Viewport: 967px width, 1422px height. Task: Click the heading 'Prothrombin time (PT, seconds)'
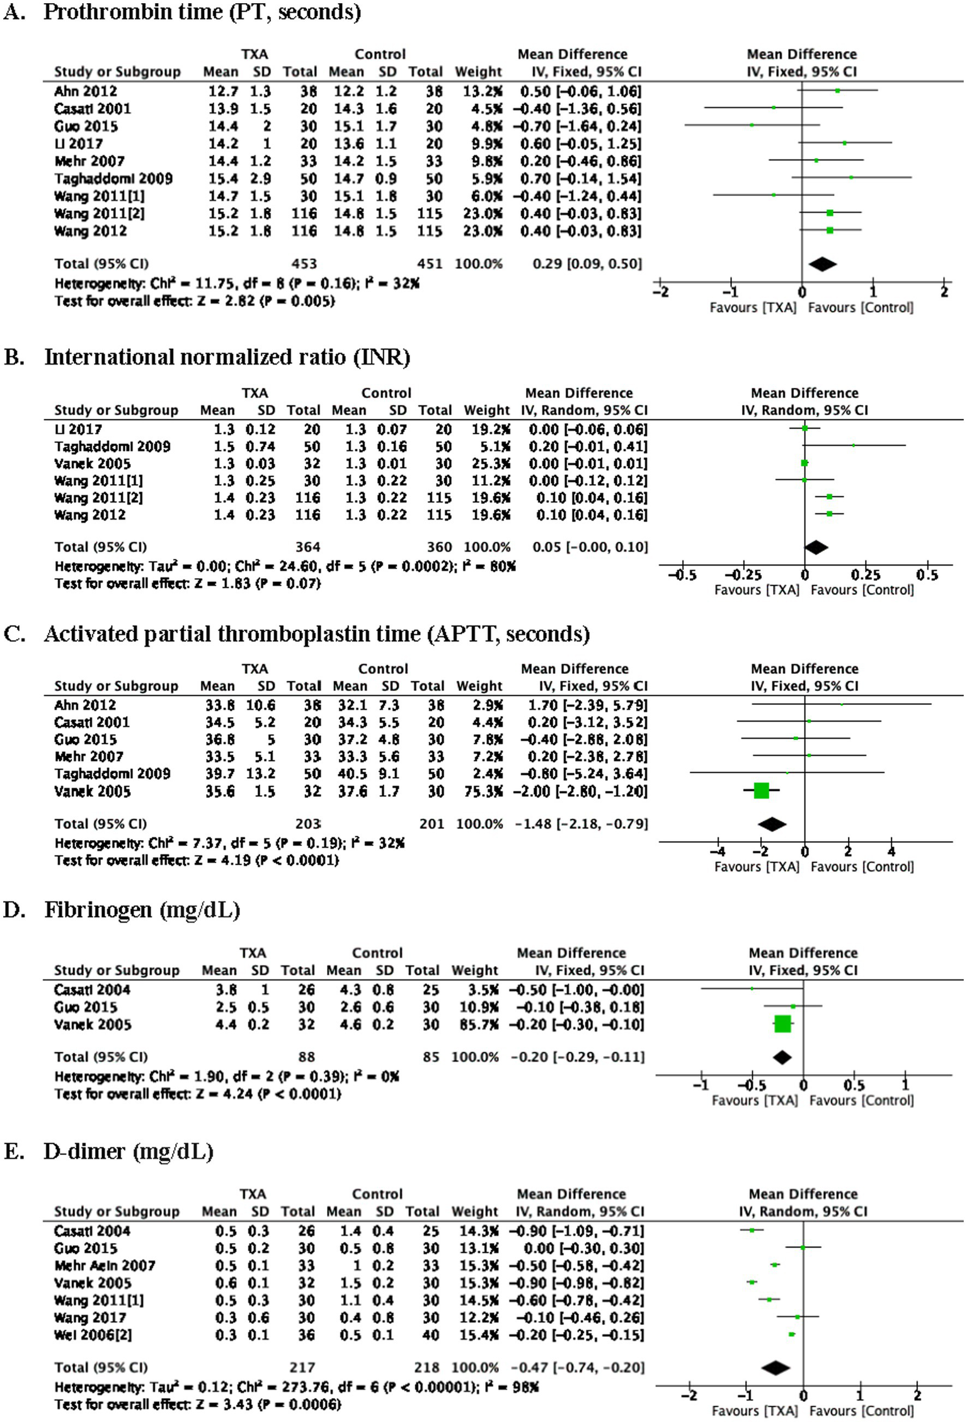coord(202,13)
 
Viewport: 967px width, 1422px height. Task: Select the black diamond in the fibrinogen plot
coord(782,1057)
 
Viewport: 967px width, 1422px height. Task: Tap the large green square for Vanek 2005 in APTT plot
coord(761,790)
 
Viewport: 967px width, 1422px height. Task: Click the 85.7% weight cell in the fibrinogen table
coord(474,1025)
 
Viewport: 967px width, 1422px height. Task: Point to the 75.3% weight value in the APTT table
coord(479,791)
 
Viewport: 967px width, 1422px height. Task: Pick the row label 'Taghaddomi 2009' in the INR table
coord(112,447)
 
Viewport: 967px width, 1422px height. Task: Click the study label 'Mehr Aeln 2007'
coord(105,1265)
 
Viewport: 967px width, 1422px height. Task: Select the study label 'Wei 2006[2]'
coord(93,1334)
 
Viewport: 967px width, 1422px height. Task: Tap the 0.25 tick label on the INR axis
coord(866,575)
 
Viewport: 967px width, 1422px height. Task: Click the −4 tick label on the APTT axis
coord(718,851)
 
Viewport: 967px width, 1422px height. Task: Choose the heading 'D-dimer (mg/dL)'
coord(128,1151)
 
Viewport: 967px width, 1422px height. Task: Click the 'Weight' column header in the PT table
coord(478,72)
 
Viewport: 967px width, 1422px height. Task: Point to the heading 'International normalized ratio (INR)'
coord(227,357)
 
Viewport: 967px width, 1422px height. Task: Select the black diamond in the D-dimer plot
coord(775,1367)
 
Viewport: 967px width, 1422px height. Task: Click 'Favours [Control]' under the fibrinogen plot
coord(861,1100)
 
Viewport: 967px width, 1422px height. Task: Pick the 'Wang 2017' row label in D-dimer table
coord(89,1317)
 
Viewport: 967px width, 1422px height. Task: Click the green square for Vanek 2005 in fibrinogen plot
coord(782,1024)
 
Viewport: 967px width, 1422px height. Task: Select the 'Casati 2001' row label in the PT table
coord(93,108)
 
